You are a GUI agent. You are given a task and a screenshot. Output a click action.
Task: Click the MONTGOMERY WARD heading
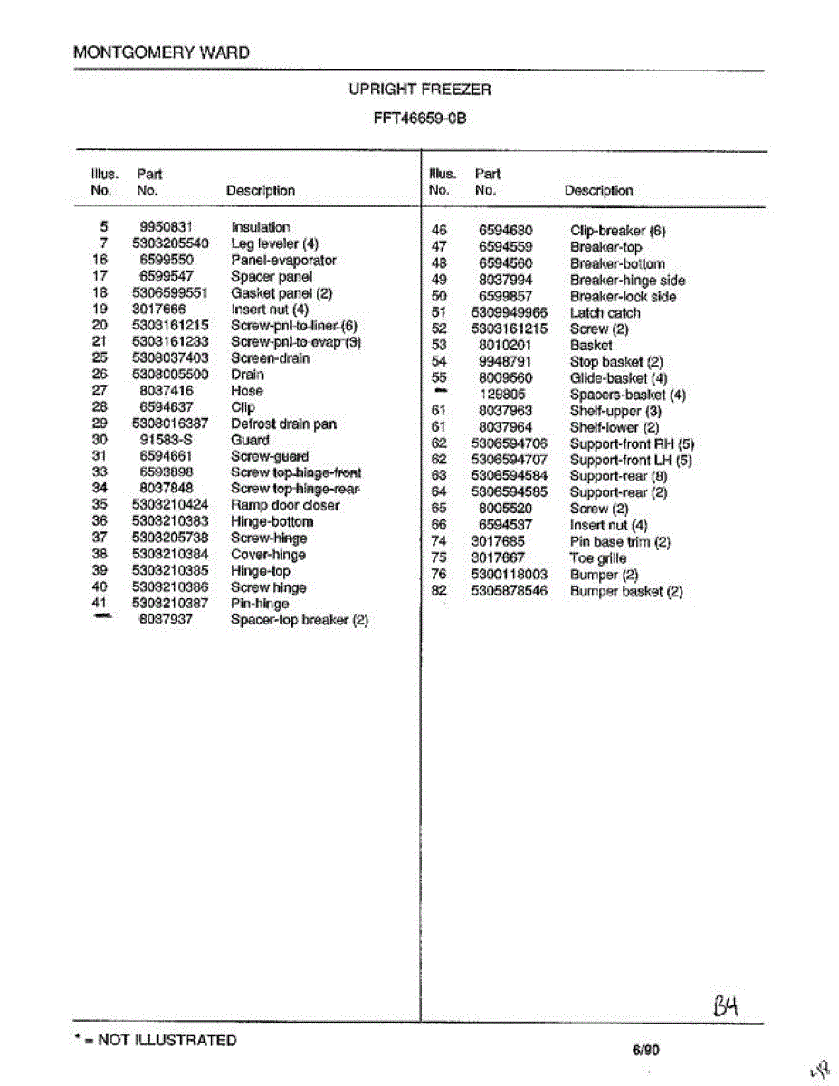(x=161, y=52)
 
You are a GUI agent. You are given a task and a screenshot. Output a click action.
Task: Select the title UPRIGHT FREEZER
(x=420, y=90)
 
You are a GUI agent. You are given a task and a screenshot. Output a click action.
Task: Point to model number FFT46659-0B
(x=420, y=118)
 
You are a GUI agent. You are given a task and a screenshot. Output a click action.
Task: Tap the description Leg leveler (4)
(x=275, y=243)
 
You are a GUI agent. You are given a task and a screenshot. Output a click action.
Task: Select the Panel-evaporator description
(x=283, y=260)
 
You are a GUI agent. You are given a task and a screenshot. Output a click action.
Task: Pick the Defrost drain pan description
(x=282, y=424)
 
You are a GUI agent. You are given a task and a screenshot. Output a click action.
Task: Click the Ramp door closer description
(x=285, y=505)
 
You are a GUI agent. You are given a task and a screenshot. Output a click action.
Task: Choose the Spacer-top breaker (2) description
(x=299, y=620)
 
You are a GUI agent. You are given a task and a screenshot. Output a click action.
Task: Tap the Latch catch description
(x=605, y=313)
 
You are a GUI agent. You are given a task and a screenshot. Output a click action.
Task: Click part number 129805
(x=502, y=395)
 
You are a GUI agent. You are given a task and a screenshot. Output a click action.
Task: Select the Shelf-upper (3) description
(x=615, y=411)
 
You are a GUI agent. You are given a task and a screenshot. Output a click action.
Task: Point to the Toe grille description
(x=597, y=558)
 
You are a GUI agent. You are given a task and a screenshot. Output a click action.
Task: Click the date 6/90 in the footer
(x=646, y=1051)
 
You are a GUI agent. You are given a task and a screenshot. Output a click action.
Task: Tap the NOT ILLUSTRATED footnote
(x=155, y=1041)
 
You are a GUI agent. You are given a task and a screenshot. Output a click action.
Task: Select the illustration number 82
(x=439, y=591)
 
